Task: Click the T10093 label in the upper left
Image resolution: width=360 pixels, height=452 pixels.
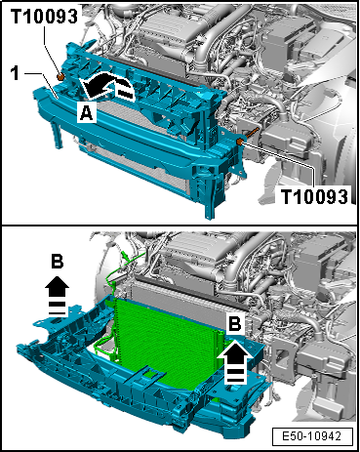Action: coord(45,17)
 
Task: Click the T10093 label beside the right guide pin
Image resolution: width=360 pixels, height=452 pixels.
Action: coord(314,196)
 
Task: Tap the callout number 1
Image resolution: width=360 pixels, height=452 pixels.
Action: coord(15,73)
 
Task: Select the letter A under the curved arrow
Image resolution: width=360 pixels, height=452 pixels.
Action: coord(86,113)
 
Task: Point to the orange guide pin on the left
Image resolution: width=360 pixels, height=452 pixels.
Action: coord(60,77)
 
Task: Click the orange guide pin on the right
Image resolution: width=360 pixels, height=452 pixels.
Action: coord(240,142)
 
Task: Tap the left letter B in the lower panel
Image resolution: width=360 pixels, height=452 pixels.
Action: coord(58,261)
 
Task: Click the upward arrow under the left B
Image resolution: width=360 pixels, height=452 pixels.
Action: coord(57,296)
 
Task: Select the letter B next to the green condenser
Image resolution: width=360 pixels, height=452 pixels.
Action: coord(235,324)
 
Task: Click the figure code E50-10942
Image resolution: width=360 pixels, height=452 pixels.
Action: coord(312,436)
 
